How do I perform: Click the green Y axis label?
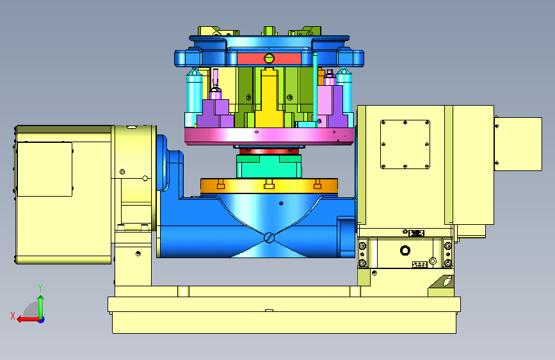pyautogui.click(x=40, y=288)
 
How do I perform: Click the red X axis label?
pyautogui.click(x=13, y=316)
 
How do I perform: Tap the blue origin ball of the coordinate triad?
pyautogui.click(x=42, y=320)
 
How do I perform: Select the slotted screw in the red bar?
pyautogui.click(x=269, y=58)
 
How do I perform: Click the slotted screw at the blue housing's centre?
pyautogui.click(x=269, y=238)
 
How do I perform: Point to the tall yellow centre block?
pyautogui.click(x=269, y=97)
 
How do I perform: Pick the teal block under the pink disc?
pyautogui.click(x=269, y=166)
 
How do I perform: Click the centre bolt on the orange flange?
pyautogui.click(x=269, y=184)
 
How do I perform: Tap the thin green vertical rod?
pyautogui.click(x=315, y=87)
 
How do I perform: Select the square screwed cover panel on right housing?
pyautogui.click(x=405, y=144)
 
